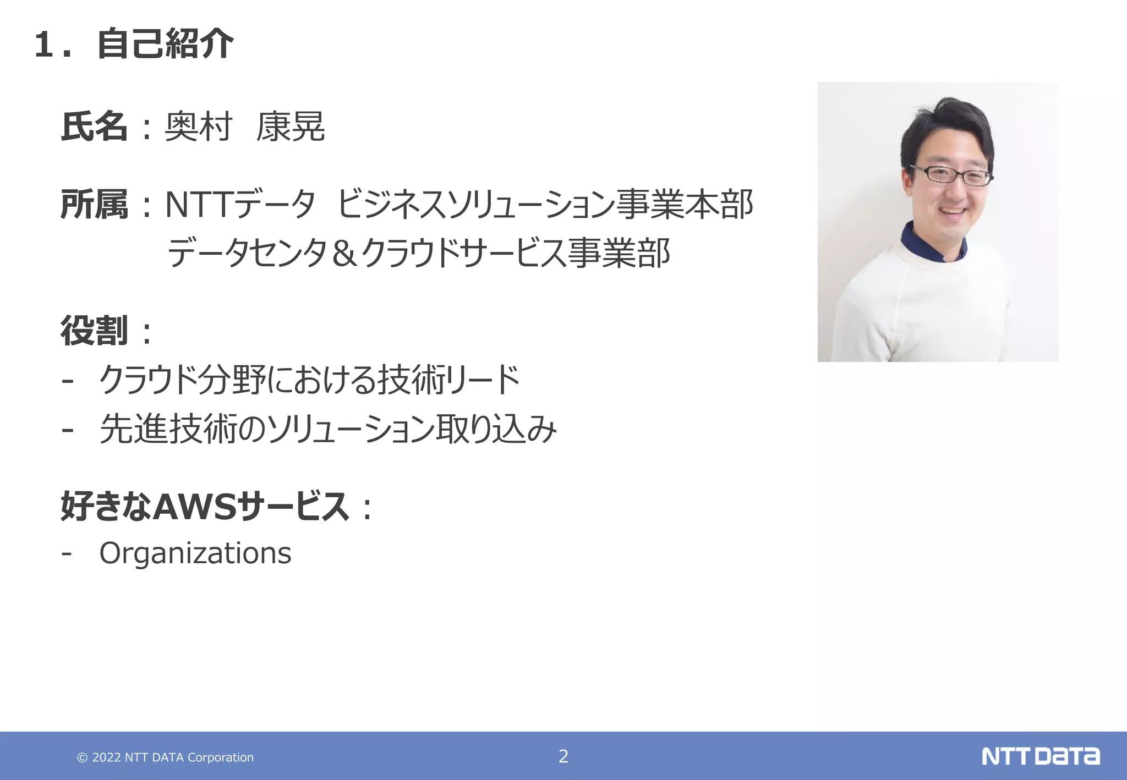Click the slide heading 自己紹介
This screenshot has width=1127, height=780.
[x=165, y=44]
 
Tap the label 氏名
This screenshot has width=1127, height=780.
[x=94, y=127]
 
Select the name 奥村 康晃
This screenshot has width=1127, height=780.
[x=245, y=127]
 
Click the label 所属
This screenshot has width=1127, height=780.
[x=94, y=205]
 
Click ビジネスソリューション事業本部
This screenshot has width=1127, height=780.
[x=544, y=205]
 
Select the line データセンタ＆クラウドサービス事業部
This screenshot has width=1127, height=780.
[x=418, y=254]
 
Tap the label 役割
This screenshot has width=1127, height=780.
[x=94, y=331]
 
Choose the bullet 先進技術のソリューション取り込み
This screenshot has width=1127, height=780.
[x=328, y=429]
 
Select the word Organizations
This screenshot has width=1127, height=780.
[x=195, y=553]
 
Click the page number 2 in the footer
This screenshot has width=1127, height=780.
[x=563, y=756]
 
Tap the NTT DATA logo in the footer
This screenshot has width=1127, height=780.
[x=1041, y=756]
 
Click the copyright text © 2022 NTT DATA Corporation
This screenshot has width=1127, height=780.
[x=165, y=757]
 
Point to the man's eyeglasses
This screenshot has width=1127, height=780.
[x=951, y=175]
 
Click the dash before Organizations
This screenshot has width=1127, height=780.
[x=67, y=552]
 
